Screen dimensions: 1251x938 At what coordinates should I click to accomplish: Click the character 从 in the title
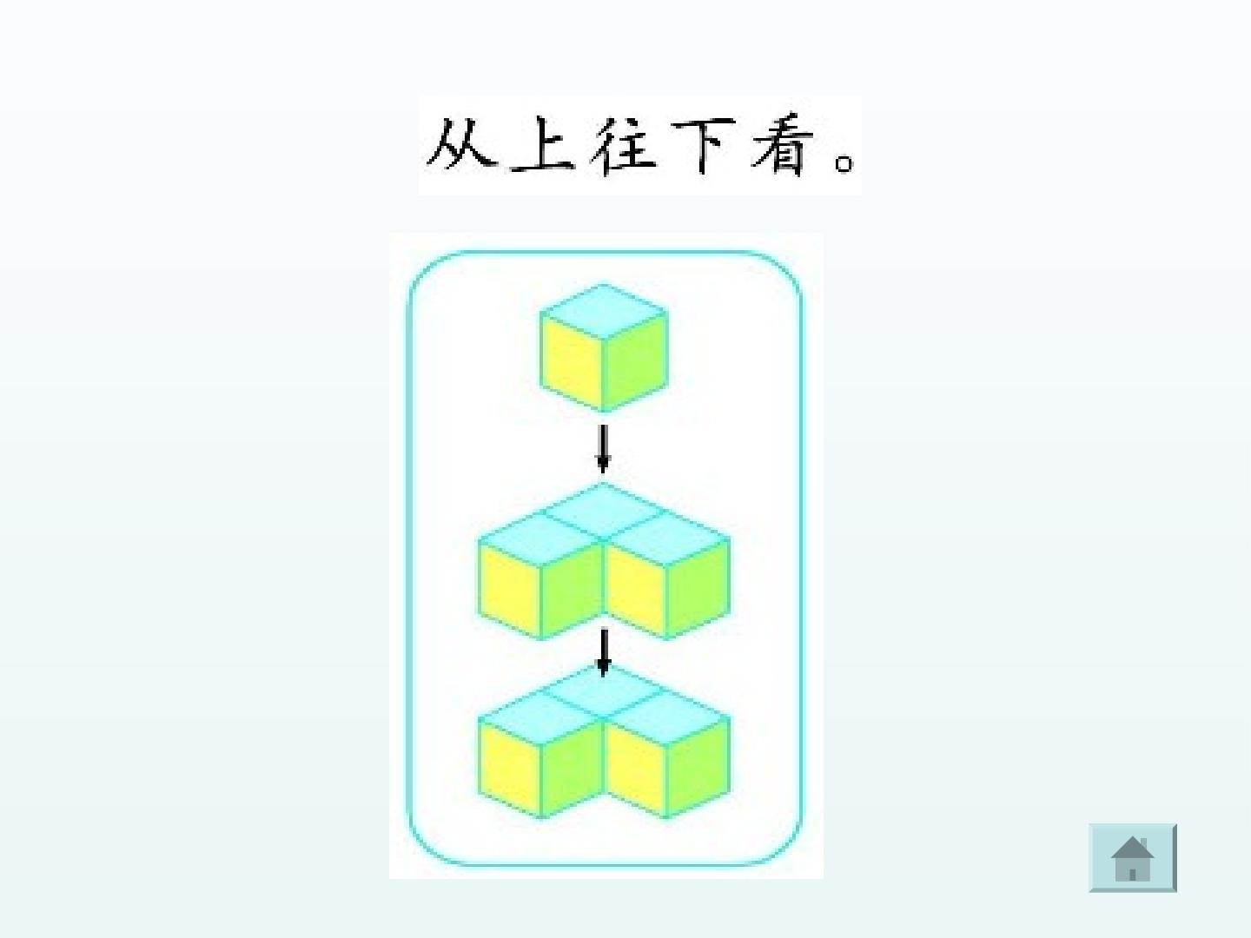tap(460, 143)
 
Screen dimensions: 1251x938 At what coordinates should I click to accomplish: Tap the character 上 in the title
tap(543, 144)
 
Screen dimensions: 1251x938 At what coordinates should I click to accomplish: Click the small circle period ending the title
tap(844, 163)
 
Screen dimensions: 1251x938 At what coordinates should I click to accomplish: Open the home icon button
tap(1133, 857)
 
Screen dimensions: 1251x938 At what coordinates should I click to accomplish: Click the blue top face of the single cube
tap(604, 312)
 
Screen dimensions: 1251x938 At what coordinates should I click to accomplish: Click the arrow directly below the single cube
tap(603, 449)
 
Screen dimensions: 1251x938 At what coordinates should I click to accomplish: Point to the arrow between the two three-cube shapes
tap(604, 652)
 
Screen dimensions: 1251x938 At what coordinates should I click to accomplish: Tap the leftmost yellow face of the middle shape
tap(509, 590)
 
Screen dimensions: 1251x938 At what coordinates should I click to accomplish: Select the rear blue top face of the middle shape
tap(604, 512)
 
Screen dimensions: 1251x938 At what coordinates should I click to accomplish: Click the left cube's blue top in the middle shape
tap(540, 540)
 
